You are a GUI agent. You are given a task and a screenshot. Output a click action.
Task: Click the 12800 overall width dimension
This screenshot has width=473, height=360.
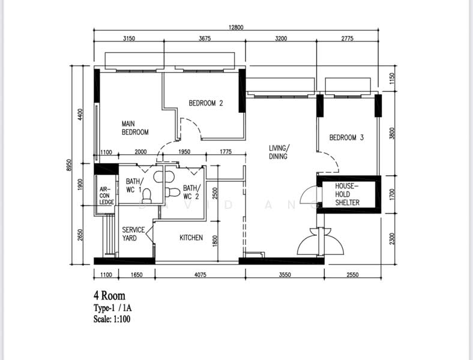pos(236,28)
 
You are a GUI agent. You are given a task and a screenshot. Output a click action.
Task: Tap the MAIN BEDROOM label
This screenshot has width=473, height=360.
pos(135,128)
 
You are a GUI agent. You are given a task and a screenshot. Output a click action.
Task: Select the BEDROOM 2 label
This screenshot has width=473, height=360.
pos(206,103)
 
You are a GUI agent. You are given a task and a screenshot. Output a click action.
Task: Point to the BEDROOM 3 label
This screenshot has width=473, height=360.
pos(346,138)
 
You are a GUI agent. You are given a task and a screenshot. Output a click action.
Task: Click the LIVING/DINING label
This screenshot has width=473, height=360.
pos(279,152)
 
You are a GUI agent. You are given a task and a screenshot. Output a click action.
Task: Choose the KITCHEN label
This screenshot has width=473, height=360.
pos(191,238)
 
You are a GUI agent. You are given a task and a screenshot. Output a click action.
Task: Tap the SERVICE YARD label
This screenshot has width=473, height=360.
pos(133,234)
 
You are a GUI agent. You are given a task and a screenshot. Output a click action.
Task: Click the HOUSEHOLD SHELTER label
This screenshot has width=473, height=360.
pos(347,194)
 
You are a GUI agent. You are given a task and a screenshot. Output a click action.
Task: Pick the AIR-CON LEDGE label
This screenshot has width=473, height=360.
pos(107,196)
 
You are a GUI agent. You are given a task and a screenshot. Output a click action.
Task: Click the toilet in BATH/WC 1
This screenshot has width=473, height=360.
pos(147,196)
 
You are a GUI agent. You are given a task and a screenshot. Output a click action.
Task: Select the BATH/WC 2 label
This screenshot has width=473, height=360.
pos(191,193)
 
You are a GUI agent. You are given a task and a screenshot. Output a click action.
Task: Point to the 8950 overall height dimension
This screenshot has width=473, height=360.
pos(69,165)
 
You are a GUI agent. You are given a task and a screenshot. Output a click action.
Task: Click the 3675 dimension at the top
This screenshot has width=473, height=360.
pos(205,38)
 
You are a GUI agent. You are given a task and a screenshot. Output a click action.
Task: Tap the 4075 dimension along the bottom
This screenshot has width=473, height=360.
pos(200,275)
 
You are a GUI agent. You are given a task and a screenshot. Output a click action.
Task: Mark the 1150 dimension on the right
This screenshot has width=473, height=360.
pos(392,78)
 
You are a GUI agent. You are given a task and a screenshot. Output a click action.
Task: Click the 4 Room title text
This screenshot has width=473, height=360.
pos(109,295)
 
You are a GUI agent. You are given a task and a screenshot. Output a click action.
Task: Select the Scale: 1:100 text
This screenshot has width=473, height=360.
pos(112,319)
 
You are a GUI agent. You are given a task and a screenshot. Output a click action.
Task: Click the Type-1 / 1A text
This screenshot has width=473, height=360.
pos(112,308)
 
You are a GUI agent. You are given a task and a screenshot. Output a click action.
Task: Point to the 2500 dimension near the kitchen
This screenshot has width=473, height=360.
pos(215,194)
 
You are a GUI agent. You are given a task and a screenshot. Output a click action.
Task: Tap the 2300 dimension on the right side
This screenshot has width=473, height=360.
pos(392,239)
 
